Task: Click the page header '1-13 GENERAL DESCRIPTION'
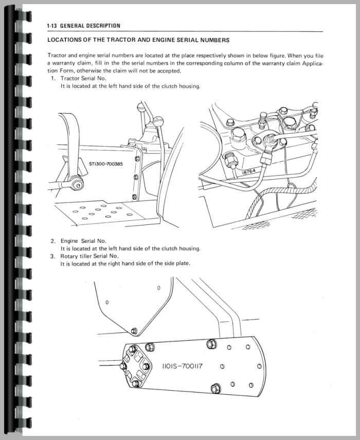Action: click(83, 26)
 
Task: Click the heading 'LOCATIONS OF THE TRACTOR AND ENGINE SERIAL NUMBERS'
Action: click(138, 40)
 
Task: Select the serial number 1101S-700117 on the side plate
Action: click(183, 366)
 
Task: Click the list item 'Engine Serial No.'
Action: click(83, 241)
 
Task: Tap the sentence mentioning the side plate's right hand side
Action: click(125, 263)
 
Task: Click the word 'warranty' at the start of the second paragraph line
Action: click(64, 63)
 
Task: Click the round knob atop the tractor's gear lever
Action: click(142, 107)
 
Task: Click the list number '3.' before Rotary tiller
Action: click(53, 256)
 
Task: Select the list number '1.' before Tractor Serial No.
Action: click(53, 78)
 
